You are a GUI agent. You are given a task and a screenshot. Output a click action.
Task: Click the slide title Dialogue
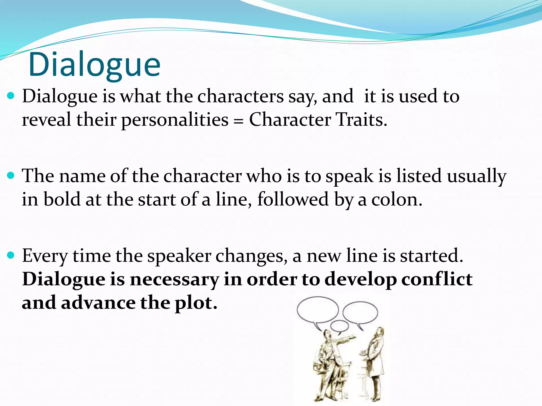(94, 65)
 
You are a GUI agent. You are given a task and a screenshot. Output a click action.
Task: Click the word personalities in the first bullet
(175, 120)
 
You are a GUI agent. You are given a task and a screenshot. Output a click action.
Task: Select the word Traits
(361, 119)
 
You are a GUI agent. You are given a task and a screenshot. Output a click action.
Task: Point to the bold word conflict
(437, 279)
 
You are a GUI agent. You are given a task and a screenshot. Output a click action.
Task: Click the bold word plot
(196, 303)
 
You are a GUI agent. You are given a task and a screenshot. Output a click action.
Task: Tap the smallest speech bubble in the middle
(339, 326)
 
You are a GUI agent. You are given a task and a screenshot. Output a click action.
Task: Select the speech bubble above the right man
(360, 313)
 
